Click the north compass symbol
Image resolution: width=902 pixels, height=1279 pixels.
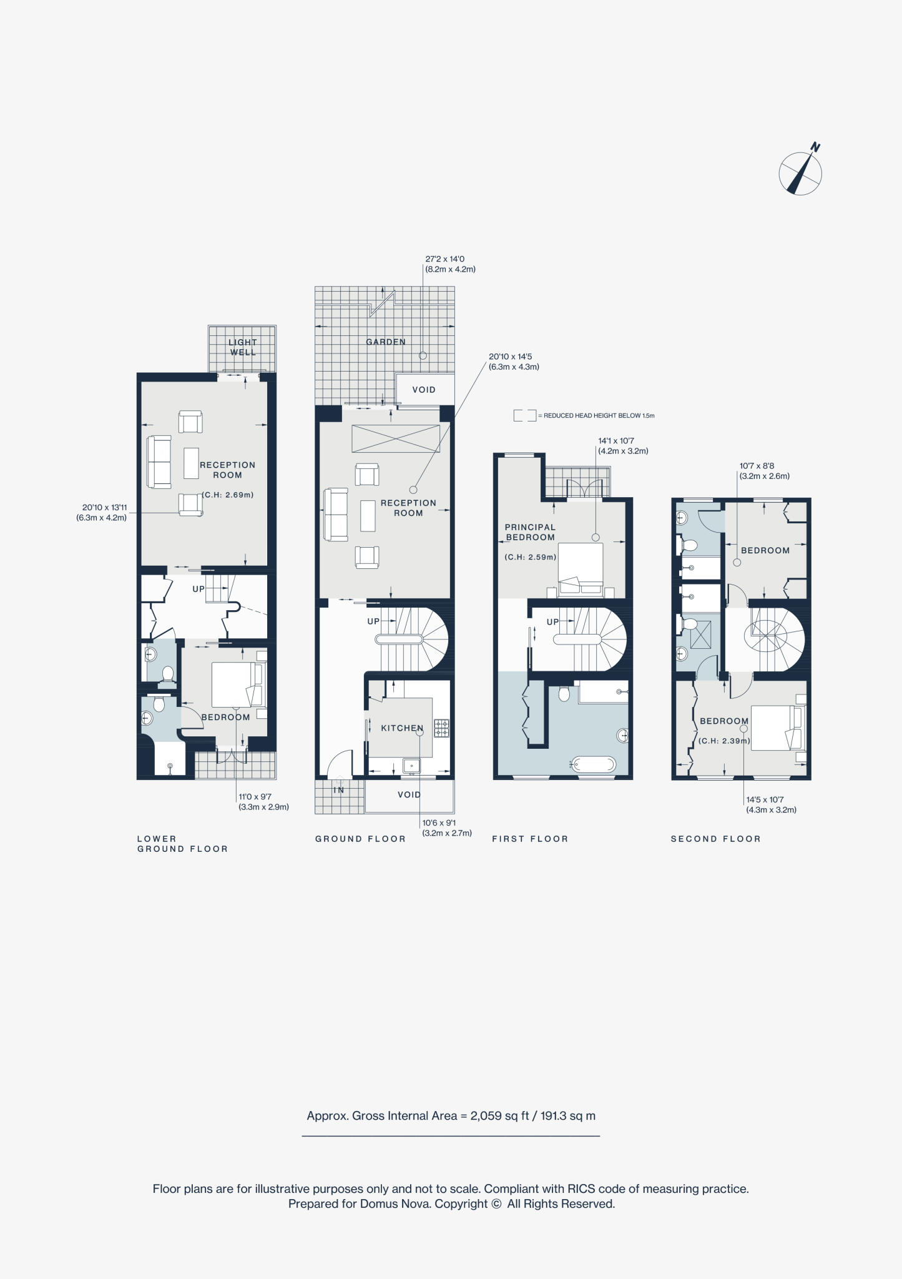point(800,173)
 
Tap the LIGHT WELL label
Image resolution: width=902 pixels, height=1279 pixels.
point(242,347)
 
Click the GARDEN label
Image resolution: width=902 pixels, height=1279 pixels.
point(386,342)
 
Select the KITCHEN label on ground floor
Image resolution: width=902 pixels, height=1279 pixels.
point(402,728)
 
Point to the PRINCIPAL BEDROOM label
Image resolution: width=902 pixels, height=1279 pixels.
point(530,532)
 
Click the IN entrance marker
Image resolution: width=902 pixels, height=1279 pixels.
point(339,790)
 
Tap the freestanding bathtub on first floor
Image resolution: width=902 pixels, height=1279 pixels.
point(592,764)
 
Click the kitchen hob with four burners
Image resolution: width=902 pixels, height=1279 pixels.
point(442,728)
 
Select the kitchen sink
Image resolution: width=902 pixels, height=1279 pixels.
point(411,765)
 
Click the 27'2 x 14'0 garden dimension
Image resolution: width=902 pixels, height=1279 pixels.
point(450,264)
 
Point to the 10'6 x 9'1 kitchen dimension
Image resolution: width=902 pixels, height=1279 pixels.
point(446,828)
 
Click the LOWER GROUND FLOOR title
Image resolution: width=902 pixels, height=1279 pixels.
point(182,844)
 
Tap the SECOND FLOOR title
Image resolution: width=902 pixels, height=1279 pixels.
point(715,839)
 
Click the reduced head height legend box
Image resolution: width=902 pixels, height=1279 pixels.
point(524,415)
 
